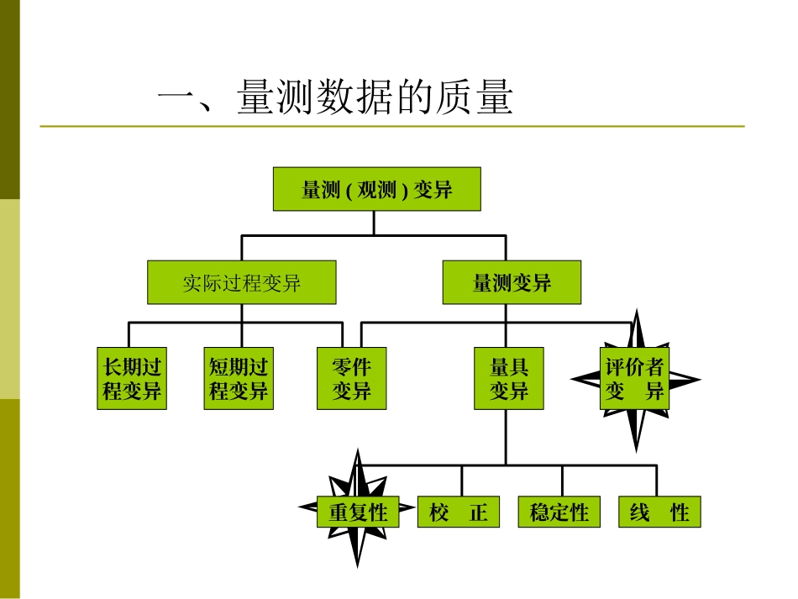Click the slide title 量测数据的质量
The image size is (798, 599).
[x=334, y=99]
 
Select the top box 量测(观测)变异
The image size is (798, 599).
[x=376, y=189]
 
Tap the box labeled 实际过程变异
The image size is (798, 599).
[x=242, y=282]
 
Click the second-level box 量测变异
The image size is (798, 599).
[x=512, y=282]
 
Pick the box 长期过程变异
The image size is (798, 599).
[x=132, y=378]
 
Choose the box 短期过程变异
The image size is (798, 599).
[x=239, y=378]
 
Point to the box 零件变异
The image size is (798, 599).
[x=352, y=378]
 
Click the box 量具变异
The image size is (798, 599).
[x=509, y=378]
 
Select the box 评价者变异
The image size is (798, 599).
[x=635, y=378]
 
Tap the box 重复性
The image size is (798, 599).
[x=358, y=512]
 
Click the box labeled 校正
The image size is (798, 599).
[x=459, y=512]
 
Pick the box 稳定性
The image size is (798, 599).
[x=559, y=512]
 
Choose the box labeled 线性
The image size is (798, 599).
[x=659, y=512]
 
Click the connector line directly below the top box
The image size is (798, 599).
[x=375, y=223]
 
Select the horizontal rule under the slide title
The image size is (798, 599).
[x=391, y=127]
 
